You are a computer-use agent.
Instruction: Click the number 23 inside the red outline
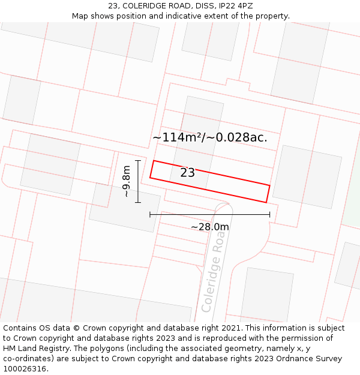click(x=188, y=173)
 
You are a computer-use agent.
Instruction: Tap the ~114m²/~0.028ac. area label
click(x=209, y=137)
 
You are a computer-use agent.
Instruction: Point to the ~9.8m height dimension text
click(x=126, y=181)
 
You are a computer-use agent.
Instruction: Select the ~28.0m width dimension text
click(x=210, y=227)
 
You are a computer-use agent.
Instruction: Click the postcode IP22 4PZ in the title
click(x=236, y=6)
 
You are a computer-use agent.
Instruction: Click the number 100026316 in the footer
click(x=25, y=368)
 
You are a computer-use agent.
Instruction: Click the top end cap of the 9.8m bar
click(x=138, y=161)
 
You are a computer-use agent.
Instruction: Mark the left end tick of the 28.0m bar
click(x=150, y=214)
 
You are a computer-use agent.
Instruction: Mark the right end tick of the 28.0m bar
click(x=269, y=214)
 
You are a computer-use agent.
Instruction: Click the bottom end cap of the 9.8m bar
click(x=138, y=202)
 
